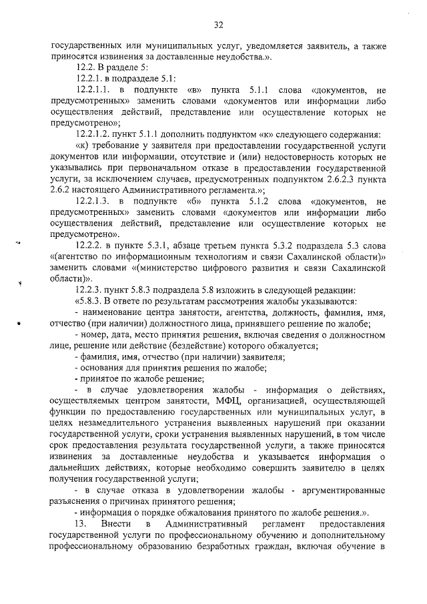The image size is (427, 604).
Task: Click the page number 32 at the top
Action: (x=218, y=25)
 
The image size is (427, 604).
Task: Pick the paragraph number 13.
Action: (x=83, y=525)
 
